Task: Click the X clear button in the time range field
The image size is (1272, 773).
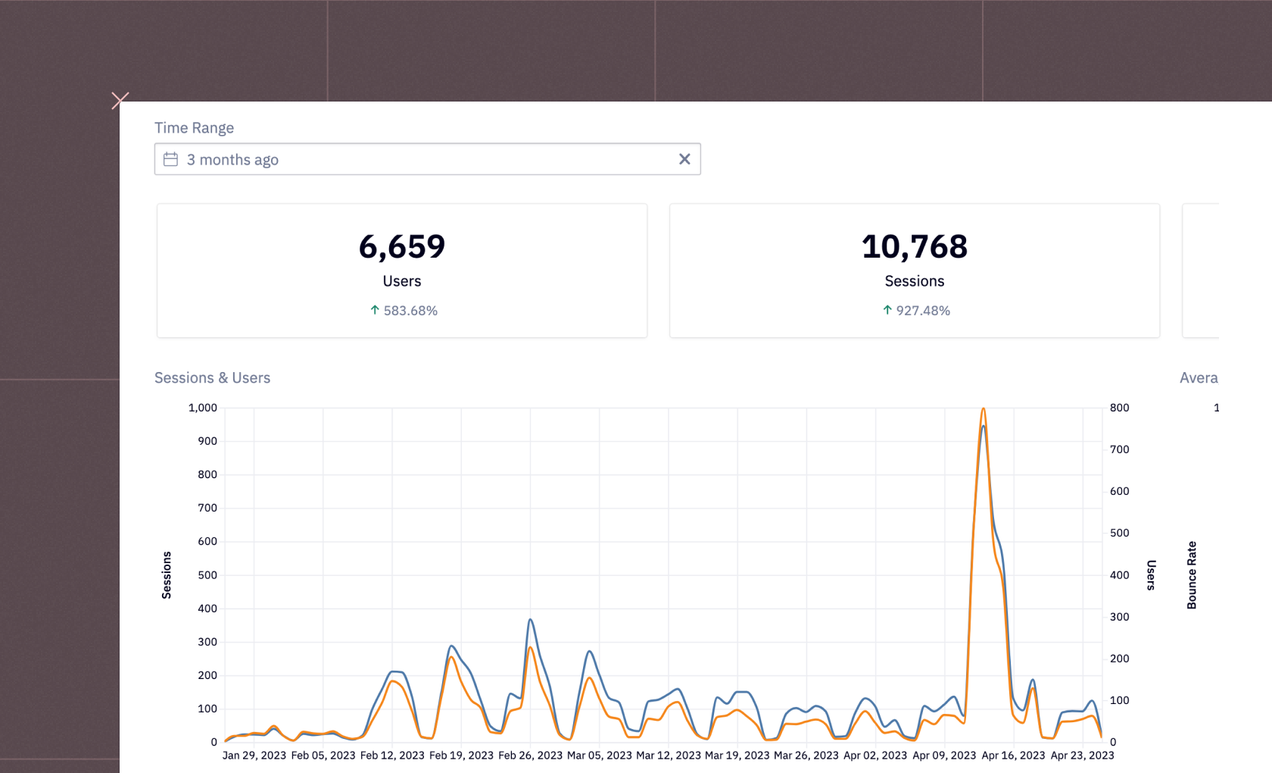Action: pyautogui.click(x=684, y=159)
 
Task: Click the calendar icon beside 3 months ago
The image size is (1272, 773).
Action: pyautogui.click(x=171, y=159)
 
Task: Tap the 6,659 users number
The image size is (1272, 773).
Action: pyautogui.click(x=402, y=247)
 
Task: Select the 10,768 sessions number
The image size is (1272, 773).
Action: pyautogui.click(x=915, y=247)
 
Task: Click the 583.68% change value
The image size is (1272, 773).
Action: pyautogui.click(x=410, y=311)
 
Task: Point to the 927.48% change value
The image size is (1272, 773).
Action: pyautogui.click(x=922, y=311)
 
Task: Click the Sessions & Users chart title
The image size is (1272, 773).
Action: pyautogui.click(x=212, y=377)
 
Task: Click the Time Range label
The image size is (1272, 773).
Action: pyautogui.click(x=194, y=128)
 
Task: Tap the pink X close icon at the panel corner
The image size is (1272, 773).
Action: pyautogui.click(x=120, y=100)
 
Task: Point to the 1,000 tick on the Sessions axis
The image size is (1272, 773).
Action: pyautogui.click(x=203, y=408)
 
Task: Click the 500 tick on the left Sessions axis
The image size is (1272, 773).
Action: pyautogui.click(x=207, y=575)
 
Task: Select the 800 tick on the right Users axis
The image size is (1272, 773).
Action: pyautogui.click(x=1119, y=408)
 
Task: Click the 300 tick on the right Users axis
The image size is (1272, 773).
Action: pyautogui.click(x=1119, y=617)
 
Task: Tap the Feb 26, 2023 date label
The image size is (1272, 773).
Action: pyautogui.click(x=530, y=756)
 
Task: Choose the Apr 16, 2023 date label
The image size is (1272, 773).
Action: pyautogui.click(x=1013, y=756)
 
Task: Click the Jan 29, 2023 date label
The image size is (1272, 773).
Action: pyautogui.click(x=254, y=756)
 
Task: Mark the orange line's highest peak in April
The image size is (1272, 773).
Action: pyautogui.click(x=984, y=409)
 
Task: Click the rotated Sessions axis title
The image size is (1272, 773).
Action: pyautogui.click(x=167, y=575)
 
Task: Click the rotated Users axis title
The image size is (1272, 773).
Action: pyautogui.click(x=1151, y=575)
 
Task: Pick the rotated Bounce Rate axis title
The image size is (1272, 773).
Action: pyautogui.click(x=1192, y=575)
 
